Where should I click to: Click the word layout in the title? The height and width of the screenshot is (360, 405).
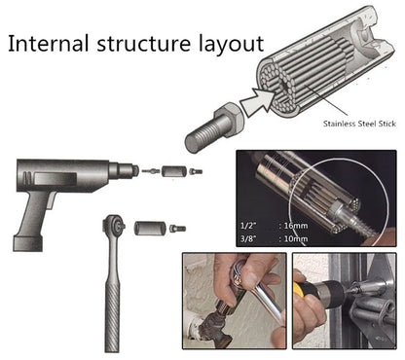(x=229, y=44)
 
